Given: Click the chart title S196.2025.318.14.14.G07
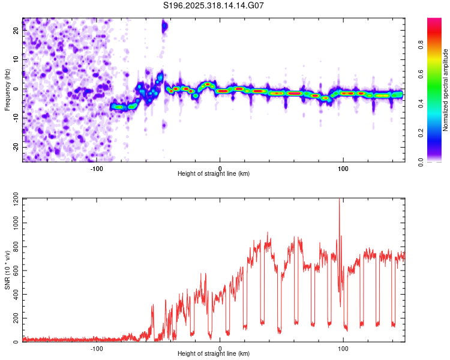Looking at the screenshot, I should pyautogui.click(x=214, y=5).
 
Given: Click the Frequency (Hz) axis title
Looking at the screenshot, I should pyautogui.click(x=7, y=90).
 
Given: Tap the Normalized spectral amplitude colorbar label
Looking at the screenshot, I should pyautogui.click(x=446, y=90).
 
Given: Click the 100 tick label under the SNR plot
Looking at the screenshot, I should pyautogui.click(x=343, y=348).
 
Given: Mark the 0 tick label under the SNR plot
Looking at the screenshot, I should pyautogui.click(x=220, y=348).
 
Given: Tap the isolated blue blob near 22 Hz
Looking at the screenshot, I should pyautogui.click(x=164, y=27).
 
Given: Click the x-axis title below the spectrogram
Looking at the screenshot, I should pyautogui.click(x=214, y=174).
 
